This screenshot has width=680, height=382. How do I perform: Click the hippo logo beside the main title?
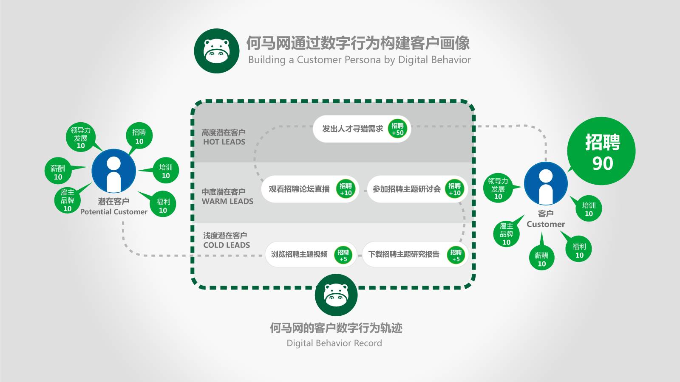[217, 51]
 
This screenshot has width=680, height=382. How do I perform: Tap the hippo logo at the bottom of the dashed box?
[336, 295]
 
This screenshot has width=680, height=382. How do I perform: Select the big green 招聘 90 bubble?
[601, 151]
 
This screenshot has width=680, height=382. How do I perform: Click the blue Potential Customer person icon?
[113, 171]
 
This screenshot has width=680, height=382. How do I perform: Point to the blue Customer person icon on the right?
[546, 184]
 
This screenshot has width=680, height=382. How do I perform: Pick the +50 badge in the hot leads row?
[398, 129]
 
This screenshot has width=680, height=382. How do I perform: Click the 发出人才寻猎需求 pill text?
[352, 129]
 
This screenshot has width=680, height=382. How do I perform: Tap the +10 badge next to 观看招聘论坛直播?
[346, 189]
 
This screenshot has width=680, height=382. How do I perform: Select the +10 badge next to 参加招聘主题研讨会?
[454, 189]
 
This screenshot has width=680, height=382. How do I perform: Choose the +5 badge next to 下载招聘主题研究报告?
[456, 255]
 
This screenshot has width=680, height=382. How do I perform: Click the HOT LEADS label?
[224, 142]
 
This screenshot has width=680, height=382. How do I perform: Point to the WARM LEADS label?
[227, 201]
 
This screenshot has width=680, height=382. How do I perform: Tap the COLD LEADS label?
[227, 245]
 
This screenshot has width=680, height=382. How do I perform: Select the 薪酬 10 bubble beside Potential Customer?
[58, 172]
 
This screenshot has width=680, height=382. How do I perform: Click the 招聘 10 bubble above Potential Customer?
[139, 137]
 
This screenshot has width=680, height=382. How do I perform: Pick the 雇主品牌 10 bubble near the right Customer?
[506, 234]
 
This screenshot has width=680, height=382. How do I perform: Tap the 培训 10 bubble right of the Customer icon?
[589, 209]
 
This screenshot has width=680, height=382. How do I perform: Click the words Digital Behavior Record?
[334, 343]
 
